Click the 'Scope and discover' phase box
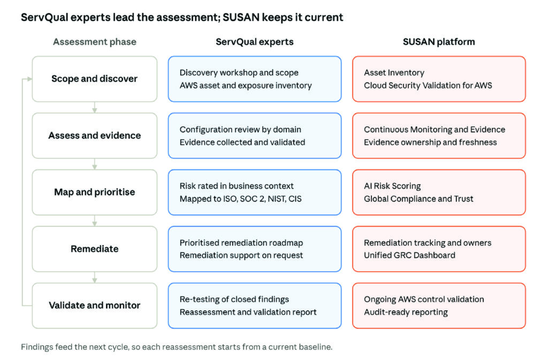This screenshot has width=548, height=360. (x=94, y=79)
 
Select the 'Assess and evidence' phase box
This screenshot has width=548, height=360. (x=94, y=135)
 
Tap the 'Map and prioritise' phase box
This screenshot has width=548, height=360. (x=94, y=193)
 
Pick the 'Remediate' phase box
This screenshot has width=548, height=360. (x=94, y=249)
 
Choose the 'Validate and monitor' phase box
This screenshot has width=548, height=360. (x=94, y=305)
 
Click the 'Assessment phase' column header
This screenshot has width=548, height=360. (x=95, y=42)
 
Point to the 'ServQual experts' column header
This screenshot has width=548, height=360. (x=254, y=42)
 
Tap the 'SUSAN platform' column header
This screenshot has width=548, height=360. (x=439, y=42)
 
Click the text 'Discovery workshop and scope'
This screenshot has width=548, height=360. (x=239, y=73)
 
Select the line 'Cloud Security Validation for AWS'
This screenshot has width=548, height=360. (x=428, y=86)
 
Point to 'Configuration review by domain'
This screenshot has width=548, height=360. (x=240, y=129)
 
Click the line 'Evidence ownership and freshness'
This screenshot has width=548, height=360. (x=430, y=142)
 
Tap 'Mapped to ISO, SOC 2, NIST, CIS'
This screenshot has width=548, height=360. (x=240, y=199)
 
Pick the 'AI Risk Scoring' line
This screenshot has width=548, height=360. (x=392, y=186)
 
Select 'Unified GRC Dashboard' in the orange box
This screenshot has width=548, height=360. (x=409, y=255)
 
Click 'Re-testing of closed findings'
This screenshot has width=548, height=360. (x=234, y=299)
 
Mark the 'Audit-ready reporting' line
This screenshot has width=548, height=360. (x=406, y=312)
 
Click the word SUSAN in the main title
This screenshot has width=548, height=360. (x=241, y=18)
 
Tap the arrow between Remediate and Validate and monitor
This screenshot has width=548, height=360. (x=94, y=278)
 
